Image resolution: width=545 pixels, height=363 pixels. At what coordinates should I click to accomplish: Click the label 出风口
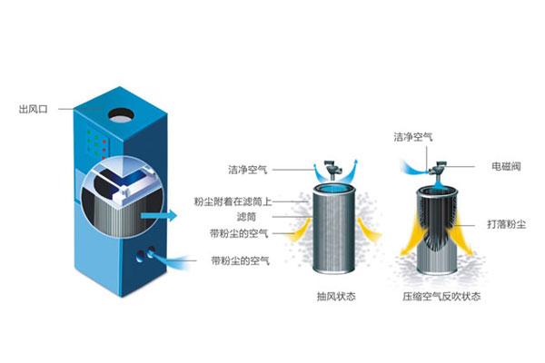33,110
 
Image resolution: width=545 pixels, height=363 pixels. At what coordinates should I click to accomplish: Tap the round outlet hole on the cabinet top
121,115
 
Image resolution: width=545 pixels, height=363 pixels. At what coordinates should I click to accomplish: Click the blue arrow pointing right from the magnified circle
159,216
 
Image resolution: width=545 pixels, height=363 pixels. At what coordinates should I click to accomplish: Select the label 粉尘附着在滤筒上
233,201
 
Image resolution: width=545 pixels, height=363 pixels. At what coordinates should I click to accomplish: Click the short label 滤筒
246,217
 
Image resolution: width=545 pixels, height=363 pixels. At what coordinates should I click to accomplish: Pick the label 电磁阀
506,166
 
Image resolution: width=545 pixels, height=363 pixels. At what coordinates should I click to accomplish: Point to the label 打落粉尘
507,224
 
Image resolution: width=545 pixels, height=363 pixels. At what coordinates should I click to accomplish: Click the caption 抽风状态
336,297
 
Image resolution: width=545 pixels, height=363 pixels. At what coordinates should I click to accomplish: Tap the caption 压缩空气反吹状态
441,297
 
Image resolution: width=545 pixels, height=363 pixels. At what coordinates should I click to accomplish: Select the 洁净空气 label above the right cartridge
413,137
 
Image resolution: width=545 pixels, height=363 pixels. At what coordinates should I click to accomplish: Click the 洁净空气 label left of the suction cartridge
247,170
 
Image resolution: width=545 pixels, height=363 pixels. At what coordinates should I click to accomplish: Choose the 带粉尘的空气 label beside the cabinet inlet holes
240,260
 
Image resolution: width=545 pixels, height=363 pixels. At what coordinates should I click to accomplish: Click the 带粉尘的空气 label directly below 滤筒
239,233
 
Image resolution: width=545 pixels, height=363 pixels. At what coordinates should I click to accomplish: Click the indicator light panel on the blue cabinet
97,143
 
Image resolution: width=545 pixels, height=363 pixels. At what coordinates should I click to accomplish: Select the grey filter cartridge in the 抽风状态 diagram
333,230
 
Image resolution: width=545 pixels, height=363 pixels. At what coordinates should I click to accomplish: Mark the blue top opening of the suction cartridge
332,190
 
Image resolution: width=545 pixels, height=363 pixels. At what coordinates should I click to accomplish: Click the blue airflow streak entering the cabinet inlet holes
171,260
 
